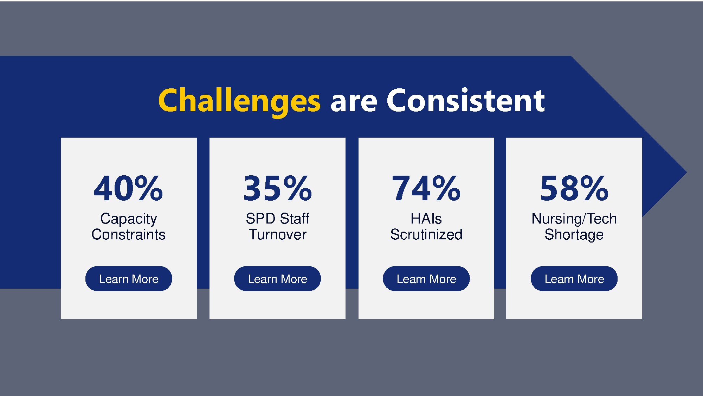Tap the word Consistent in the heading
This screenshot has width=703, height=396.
(466, 100)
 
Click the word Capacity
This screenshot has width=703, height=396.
(129, 219)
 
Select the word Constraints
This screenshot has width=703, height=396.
(129, 234)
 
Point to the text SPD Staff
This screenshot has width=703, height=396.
(277, 219)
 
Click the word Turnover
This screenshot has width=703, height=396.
(278, 234)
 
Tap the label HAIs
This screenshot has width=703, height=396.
(426, 219)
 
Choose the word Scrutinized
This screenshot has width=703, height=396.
(426, 234)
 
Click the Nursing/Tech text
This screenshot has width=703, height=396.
(574, 219)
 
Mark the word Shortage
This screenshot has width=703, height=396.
(574, 235)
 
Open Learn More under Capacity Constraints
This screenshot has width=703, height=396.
(129, 279)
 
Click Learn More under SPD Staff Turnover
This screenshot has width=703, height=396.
(277, 279)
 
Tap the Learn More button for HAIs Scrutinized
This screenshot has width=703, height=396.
(426, 279)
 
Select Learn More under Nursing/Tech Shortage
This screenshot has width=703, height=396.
(574, 279)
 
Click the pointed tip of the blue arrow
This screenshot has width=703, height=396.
(686, 172)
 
